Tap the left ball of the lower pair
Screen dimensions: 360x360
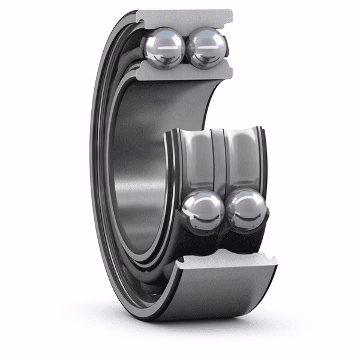tap(203, 211)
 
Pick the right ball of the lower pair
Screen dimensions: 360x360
tap(245, 211)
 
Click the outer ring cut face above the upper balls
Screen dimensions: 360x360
tap(183, 17)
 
